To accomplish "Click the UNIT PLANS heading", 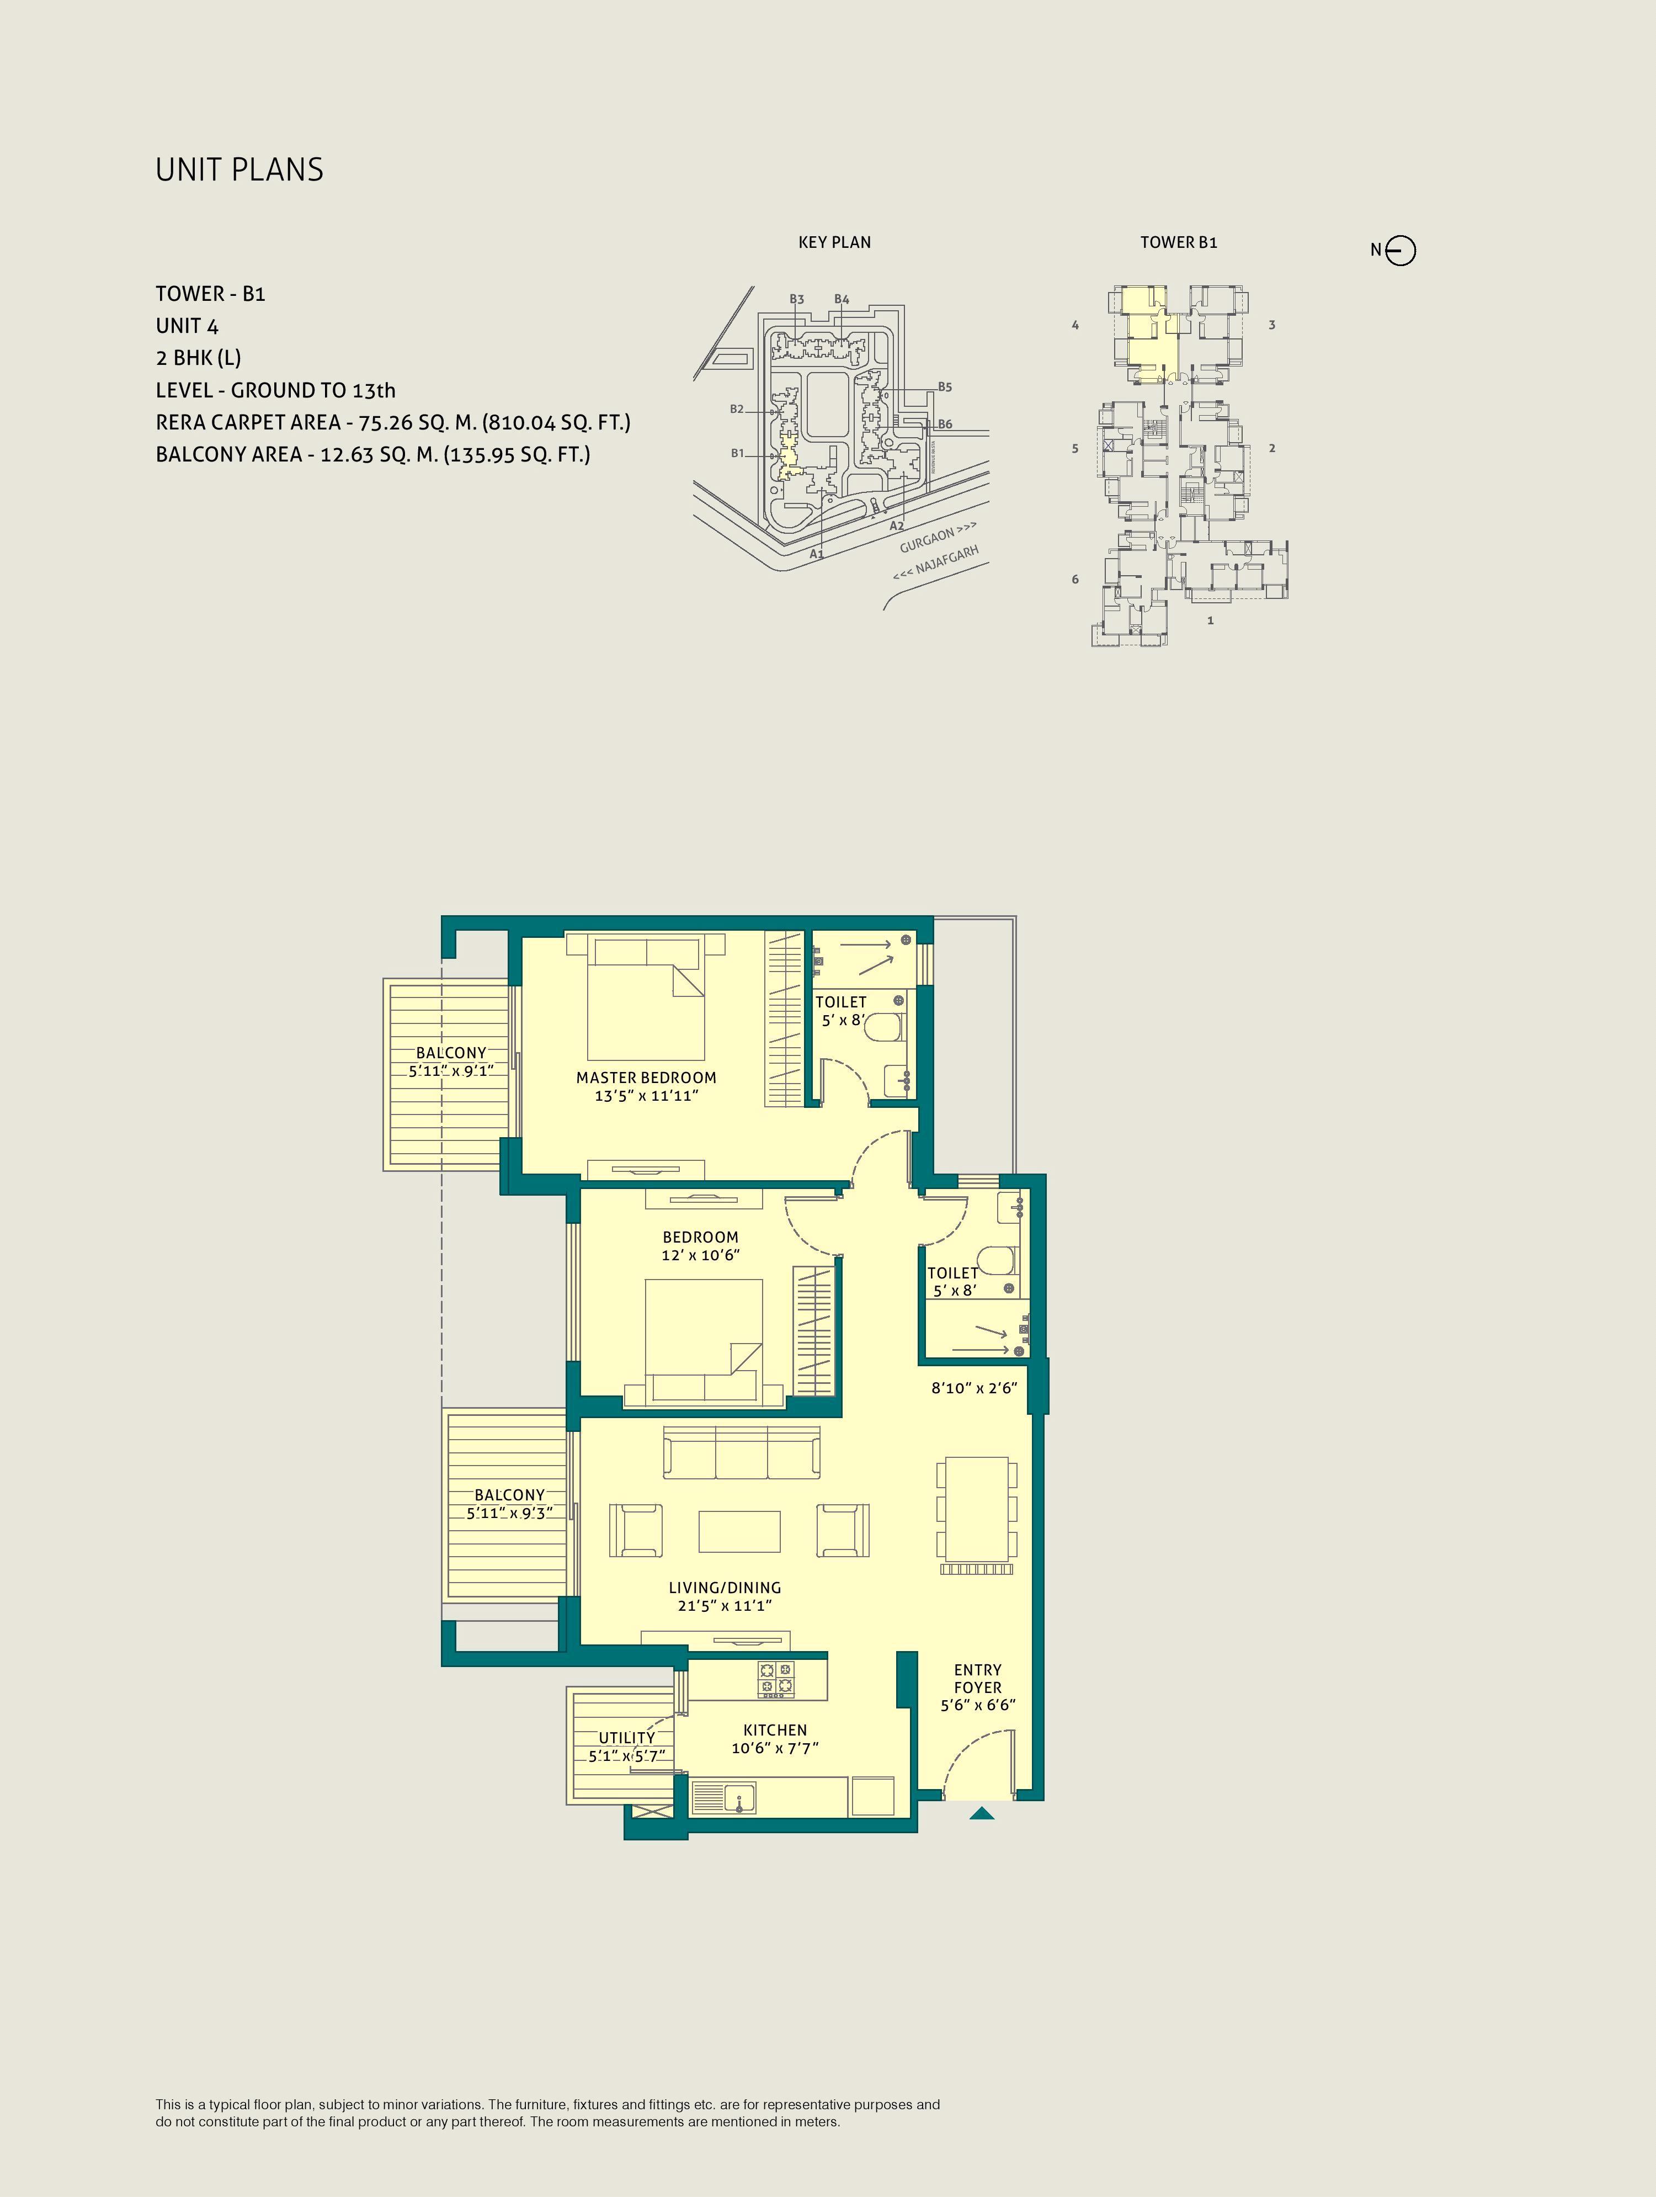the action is [239, 170].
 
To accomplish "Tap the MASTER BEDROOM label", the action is [646, 1078].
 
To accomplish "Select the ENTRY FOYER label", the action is [978, 1679].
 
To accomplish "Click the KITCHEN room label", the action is [775, 1730].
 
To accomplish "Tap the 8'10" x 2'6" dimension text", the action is [974, 1388].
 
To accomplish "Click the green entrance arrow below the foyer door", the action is [982, 1813].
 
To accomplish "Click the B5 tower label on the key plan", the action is [945, 388].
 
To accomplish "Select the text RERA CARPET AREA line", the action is [393, 422].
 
